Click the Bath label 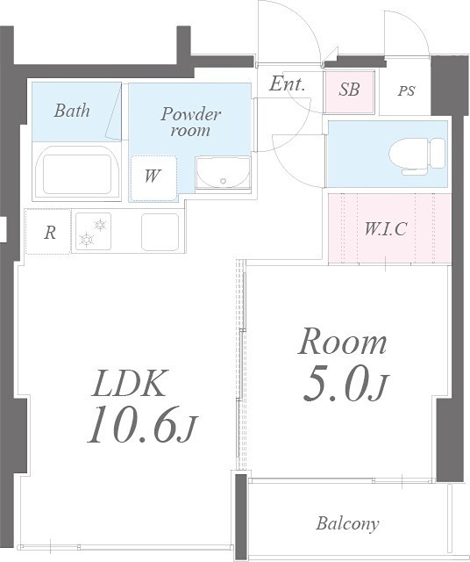pyautogui.click(x=72, y=111)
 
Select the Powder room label pyautogui.click(x=190, y=122)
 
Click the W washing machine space pyautogui.click(x=153, y=178)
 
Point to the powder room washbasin pyautogui.click(x=223, y=173)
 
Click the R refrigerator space pyautogui.click(x=48, y=232)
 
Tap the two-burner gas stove pyautogui.click(x=93, y=232)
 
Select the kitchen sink pyautogui.click(x=160, y=232)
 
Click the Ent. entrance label pyautogui.click(x=287, y=84)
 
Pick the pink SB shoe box pyautogui.click(x=349, y=92)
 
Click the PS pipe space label pyautogui.click(x=406, y=90)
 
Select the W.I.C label pyautogui.click(x=386, y=228)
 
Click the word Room pyautogui.click(x=342, y=342)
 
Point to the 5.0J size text pyautogui.click(x=345, y=387)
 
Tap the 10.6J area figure pyautogui.click(x=142, y=426)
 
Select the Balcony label pyautogui.click(x=347, y=523)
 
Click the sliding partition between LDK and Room pyautogui.click(x=242, y=364)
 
